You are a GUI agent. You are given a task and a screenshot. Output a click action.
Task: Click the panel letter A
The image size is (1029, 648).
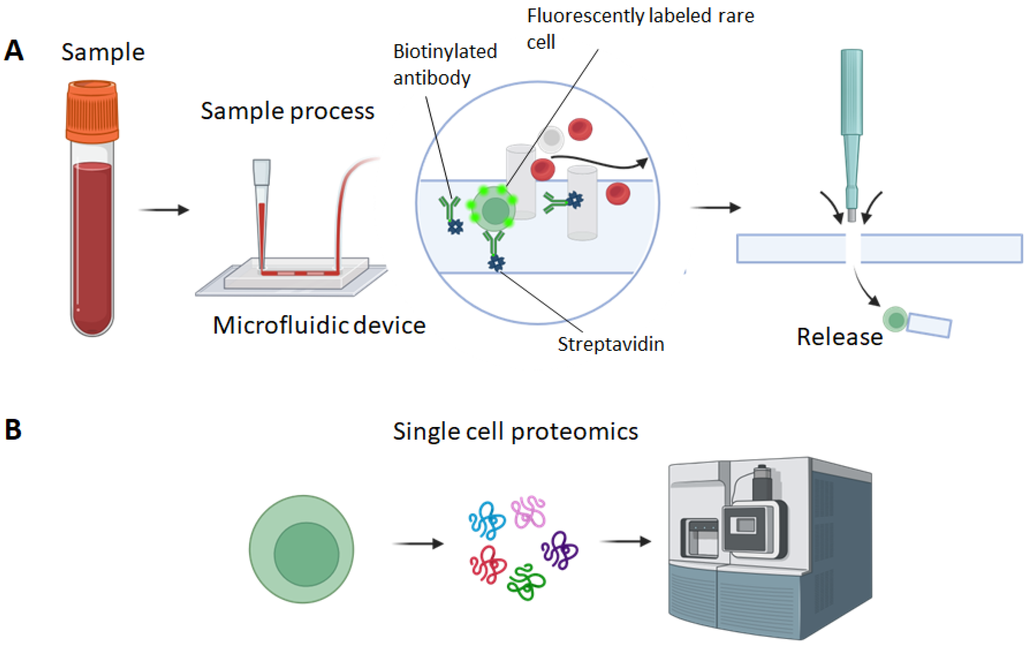pos(14,51)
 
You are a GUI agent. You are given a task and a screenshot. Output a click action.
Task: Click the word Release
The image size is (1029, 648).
pos(839,337)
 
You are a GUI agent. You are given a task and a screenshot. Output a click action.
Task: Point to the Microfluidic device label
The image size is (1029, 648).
pos(319,325)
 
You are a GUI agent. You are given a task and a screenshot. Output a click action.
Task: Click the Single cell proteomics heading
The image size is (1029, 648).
pos(515,431)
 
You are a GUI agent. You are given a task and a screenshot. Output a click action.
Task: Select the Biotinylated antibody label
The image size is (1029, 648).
pos(445,64)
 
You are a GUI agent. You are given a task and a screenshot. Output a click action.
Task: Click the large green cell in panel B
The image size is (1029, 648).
pos(302,549)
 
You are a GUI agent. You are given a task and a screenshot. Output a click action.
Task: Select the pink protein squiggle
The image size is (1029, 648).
pos(529,512)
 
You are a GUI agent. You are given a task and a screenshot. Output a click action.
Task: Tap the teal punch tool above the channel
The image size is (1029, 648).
pos(851,128)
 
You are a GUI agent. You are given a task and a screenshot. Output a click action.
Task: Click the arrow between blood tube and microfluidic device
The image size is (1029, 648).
pos(164,210)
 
